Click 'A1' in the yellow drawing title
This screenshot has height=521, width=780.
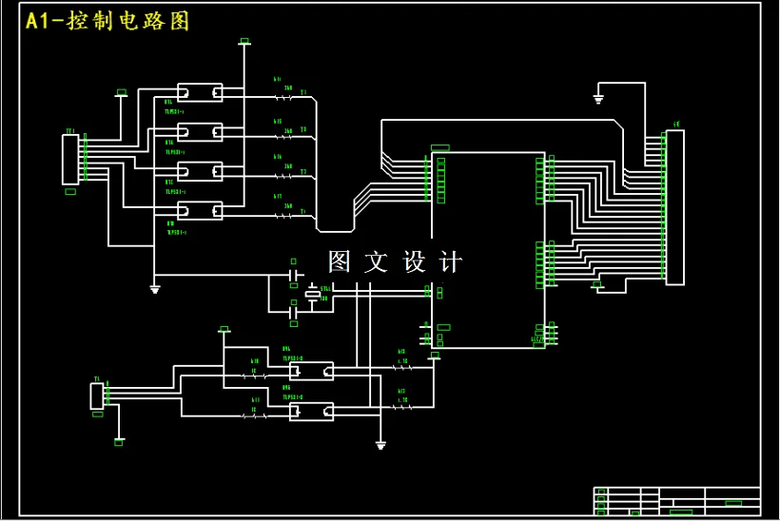point(41,21)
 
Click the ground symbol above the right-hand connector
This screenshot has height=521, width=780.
point(598,98)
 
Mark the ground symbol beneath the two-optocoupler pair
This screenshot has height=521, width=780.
point(380,445)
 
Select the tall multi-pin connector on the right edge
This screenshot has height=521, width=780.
point(674,207)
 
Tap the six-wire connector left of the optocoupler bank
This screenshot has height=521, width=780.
point(70,160)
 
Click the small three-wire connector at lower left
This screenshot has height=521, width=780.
point(96,396)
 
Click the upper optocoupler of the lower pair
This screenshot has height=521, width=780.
point(311,370)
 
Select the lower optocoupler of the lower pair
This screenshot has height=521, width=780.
point(311,412)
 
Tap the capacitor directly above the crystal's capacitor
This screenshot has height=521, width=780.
point(295,276)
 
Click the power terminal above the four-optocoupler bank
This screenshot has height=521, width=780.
point(244,42)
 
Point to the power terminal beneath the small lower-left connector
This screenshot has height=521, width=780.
point(119,441)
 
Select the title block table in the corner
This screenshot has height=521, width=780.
point(677,501)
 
